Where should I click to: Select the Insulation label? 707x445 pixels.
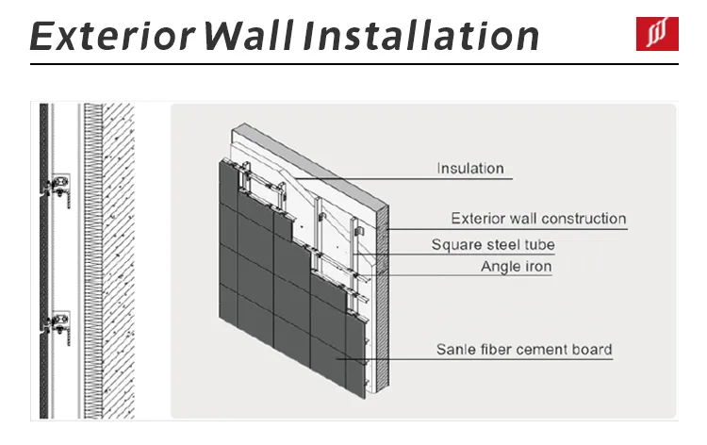(470, 169)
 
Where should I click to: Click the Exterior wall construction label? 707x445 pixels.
(538, 219)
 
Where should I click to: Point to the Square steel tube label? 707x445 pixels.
(493, 245)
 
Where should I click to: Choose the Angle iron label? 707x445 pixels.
(516, 267)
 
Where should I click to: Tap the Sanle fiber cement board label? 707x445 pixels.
(523, 350)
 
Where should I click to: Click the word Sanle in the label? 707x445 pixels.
(454, 350)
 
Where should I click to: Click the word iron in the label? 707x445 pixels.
(538, 267)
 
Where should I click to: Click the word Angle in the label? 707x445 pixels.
(501, 267)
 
